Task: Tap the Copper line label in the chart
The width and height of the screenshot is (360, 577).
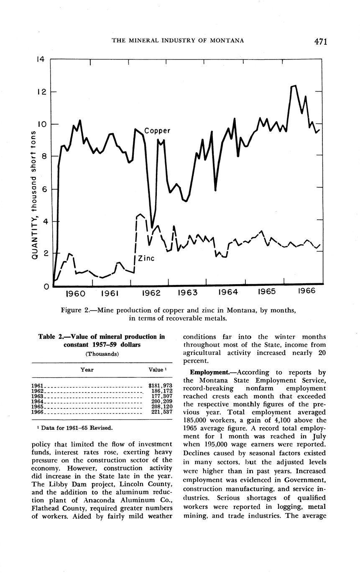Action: [x=157, y=131]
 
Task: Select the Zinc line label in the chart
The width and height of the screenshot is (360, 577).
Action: [x=146, y=259]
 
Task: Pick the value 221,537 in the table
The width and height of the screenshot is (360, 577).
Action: [x=162, y=412]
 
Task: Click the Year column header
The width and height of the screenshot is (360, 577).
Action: [x=87, y=370]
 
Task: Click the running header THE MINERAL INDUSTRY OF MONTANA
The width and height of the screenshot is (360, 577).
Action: [x=178, y=41]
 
